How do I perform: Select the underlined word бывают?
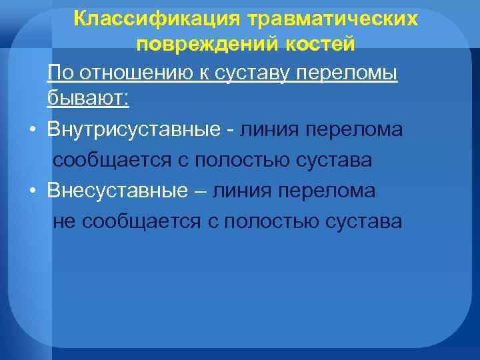pos(89,99)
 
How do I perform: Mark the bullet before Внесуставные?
pos(32,191)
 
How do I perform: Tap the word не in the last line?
pos(65,222)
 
